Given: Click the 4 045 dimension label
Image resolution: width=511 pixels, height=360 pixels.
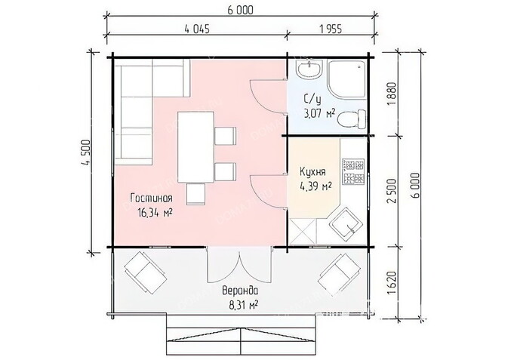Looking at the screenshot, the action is pos(197,29).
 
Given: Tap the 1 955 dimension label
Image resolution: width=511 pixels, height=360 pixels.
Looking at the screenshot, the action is pos(331,29).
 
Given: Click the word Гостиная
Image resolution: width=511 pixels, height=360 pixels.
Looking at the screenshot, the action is pos(151,198).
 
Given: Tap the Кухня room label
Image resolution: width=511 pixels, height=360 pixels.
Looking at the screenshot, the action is pos(312,171).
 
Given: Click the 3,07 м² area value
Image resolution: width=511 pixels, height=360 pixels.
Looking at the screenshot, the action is pos(319,113).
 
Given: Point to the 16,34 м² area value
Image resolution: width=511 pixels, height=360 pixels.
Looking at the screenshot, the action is pos(155,213).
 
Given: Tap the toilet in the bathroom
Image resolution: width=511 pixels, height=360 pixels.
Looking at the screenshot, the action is pos(352,119).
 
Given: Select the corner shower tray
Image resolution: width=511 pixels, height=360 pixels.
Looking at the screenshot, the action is pos(346,78).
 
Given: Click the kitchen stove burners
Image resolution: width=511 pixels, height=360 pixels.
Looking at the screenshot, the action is pos(353,172).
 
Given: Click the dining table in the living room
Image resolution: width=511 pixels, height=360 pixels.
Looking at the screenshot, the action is pos(195,148).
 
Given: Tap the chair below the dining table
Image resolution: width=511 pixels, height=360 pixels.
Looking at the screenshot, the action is pos(195,194).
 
